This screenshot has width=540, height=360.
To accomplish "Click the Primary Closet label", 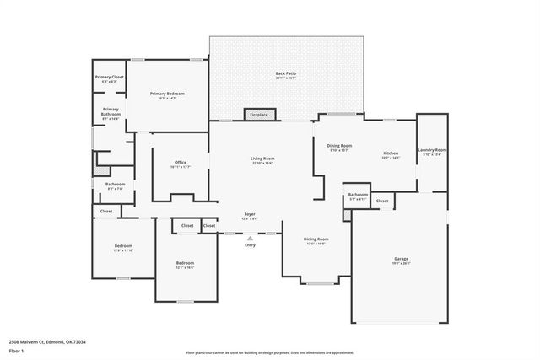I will point(109,78).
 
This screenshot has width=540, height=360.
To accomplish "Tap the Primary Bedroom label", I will point(167,95).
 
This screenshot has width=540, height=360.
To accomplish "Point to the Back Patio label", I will point(286,75).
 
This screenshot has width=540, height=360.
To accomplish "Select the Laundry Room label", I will point(432,152).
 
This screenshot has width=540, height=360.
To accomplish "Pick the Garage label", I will point(402,260).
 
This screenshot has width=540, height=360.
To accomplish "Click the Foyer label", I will point(251,216).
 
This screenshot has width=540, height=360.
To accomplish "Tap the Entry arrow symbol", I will point(250,238).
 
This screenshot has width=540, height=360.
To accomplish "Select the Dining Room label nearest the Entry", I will point(315,240).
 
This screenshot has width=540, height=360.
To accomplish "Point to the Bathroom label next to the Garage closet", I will point(358,196).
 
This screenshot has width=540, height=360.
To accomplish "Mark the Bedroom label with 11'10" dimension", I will point(124,248).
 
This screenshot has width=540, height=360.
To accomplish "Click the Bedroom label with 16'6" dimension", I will point(186,265).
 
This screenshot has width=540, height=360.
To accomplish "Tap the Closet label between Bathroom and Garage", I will point(382,201).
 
